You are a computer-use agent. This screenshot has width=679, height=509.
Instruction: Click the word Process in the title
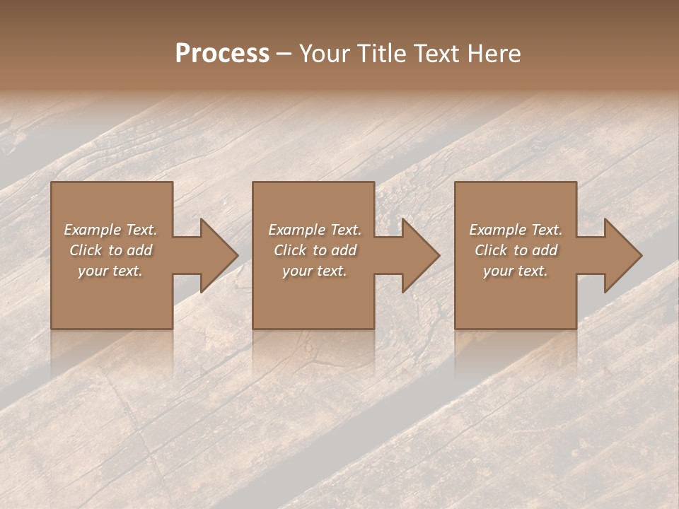point(222,54)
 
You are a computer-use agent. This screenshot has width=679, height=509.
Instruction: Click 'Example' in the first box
point(93,230)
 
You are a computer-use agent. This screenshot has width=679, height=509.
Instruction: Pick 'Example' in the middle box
point(297,230)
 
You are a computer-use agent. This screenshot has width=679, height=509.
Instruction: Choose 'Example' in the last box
point(498,230)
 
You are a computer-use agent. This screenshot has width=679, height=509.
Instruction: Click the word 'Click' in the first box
point(86,250)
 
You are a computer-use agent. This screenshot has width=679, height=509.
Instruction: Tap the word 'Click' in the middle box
point(290,250)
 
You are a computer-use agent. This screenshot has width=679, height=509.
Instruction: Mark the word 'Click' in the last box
point(491,250)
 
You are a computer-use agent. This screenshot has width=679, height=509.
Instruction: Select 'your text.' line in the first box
point(110,271)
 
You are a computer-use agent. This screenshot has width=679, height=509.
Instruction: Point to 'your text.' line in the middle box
point(314,271)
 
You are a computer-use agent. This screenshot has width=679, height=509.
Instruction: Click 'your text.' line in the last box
point(516,271)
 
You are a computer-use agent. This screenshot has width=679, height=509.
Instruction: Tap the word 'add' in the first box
point(139,250)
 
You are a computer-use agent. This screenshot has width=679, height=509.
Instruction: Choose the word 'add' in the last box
point(545,250)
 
